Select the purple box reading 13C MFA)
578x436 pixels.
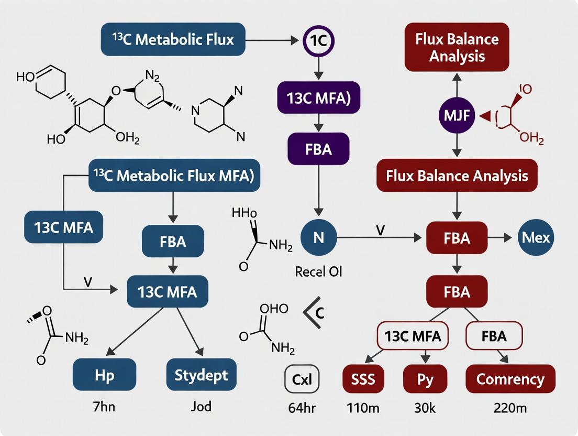coord(318,98)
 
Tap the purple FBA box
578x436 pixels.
coord(318,149)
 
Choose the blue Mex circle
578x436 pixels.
coord(536,238)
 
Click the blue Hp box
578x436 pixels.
coord(105,375)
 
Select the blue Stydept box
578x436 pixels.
coord(201,375)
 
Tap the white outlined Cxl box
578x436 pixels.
coord(302,378)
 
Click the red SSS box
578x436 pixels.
coord(363,379)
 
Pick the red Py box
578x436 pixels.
coord(425,379)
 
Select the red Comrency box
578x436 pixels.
coord(510,379)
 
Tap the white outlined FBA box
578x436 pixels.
coord(494,336)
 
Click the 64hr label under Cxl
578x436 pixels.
coord(301,407)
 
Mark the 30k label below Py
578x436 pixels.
coord(425,407)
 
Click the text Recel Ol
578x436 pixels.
coord(318,272)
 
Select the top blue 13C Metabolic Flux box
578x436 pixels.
coord(173,39)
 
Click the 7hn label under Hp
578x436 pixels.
coord(105,407)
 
